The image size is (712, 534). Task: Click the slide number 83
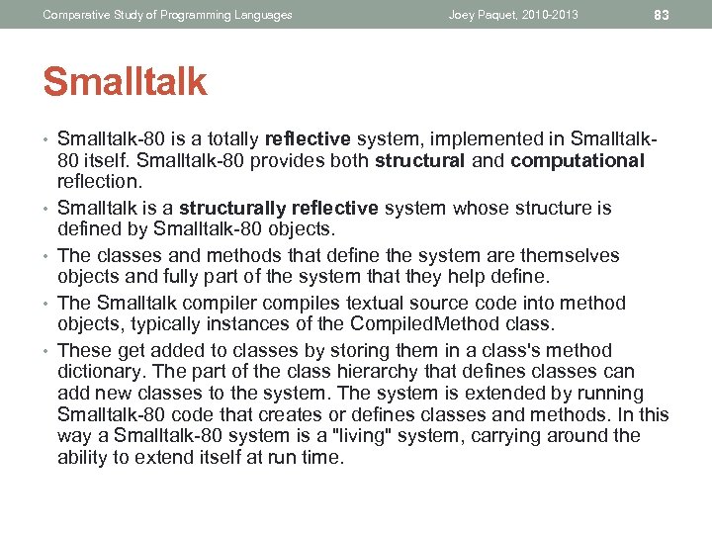tap(662, 15)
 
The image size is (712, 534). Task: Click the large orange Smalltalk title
tap(125, 82)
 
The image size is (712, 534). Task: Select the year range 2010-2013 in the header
tap(549, 15)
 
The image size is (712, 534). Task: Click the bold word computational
tap(578, 160)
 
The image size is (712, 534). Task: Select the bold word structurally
tap(233, 208)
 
